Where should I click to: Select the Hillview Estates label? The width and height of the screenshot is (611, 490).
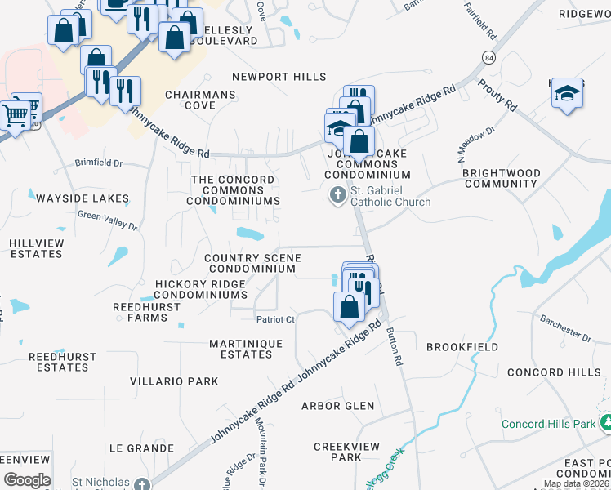pos(37,248)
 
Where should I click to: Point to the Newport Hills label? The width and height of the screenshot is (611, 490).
pos(279,77)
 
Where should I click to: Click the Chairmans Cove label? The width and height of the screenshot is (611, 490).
pos(200,100)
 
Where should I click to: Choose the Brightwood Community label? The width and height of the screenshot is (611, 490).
pos(501,178)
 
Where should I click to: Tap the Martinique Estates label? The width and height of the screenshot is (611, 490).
pos(246,349)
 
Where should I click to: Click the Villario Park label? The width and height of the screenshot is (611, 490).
pos(174,381)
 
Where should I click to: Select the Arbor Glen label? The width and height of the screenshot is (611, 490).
pos(337,406)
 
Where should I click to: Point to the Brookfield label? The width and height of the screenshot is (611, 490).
pos(462,347)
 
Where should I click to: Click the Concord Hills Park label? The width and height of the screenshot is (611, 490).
pos(548,424)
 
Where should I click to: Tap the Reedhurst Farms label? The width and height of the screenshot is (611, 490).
pos(140,312)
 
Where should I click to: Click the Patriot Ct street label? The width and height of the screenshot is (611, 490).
pos(275,319)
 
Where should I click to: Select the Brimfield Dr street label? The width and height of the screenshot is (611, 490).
pos(99,163)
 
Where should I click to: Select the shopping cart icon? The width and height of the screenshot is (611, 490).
pos(16,115)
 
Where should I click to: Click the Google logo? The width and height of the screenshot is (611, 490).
pos(27,479)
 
